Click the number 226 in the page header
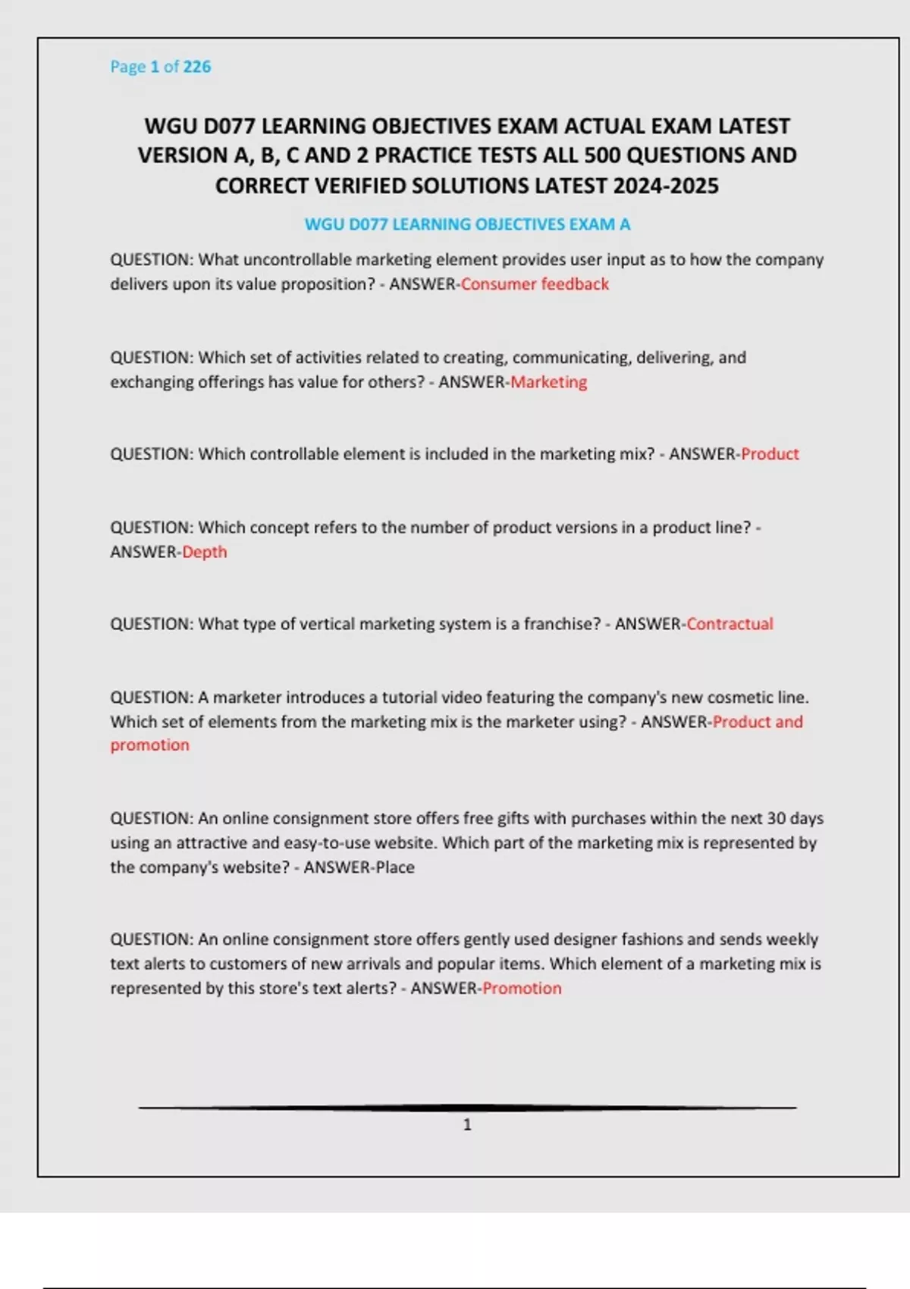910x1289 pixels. pyautogui.click(x=196, y=67)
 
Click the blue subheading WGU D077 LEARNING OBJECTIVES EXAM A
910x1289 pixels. pyautogui.click(x=467, y=224)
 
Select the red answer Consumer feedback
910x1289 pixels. pyautogui.click(x=535, y=284)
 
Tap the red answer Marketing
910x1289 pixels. pyautogui.click(x=548, y=382)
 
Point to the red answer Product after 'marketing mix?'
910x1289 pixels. pyautogui.click(x=770, y=454)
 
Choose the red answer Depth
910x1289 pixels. pyautogui.click(x=205, y=552)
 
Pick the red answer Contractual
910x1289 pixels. pyautogui.click(x=730, y=624)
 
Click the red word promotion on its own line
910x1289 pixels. pyautogui.click(x=150, y=745)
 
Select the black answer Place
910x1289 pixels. pyautogui.click(x=395, y=867)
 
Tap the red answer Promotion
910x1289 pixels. pyautogui.click(x=522, y=989)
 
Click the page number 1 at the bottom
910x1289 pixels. pyautogui.click(x=467, y=1125)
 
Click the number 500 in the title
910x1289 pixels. pyautogui.click(x=603, y=155)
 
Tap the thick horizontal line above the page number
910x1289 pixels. pyautogui.click(x=467, y=1108)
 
